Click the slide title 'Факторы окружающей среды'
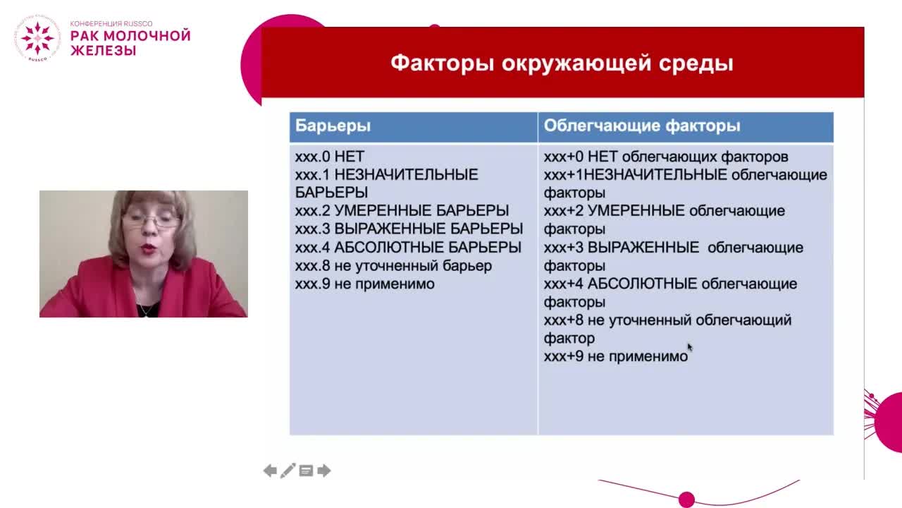[x=562, y=63]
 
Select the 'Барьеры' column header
[x=333, y=126]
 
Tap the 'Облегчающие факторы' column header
[x=641, y=126]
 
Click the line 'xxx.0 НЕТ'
[x=329, y=157]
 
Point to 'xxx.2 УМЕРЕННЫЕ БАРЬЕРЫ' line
[x=402, y=211]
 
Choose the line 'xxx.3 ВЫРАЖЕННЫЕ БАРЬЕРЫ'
[x=409, y=229]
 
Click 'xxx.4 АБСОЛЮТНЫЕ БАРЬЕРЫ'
[x=408, y=248]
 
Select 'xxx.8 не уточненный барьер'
[x=393, y=266]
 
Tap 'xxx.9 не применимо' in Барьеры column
[x=364, y=284]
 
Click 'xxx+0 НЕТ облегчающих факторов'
[x=665, y=157]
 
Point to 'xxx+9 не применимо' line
[x=615, y=357]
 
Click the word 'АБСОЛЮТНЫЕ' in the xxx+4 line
[x=642, y=284]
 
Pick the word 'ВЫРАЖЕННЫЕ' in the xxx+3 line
[x=643, y=248]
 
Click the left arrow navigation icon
[x=270, y=471]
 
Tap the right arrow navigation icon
[x=324, y=471]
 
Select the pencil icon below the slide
[x=288, y=471]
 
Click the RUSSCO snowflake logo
[x=37, y=38]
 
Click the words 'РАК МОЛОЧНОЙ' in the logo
[x=130, y=36]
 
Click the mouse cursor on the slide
[x=689, y=346]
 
